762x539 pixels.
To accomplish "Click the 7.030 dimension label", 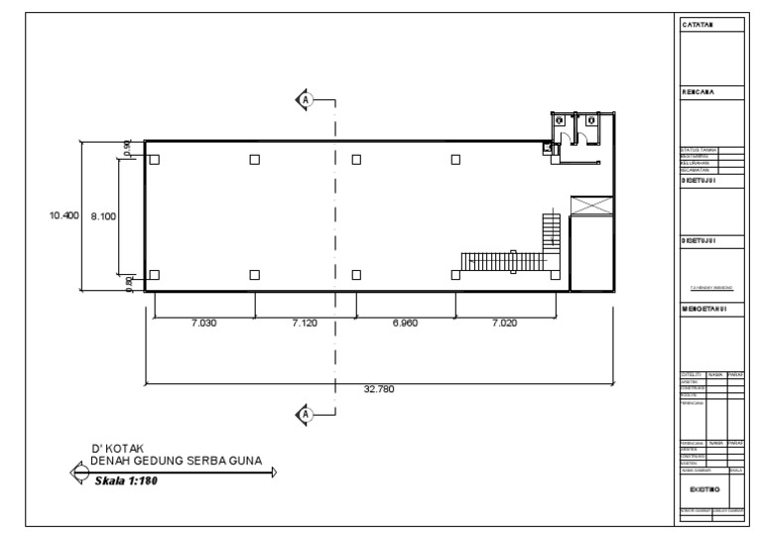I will click(x=202, y=323).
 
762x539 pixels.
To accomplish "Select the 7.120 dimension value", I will click(x=304, y=323).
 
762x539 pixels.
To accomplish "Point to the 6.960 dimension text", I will click(x=405, y=323).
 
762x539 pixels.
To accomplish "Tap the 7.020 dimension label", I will click(x=506, y=323).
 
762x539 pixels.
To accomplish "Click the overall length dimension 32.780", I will click(x=378, y=389).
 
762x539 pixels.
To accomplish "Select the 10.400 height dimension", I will click(x=63, y=215).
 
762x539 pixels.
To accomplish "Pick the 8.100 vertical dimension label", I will click(x=104, y=215).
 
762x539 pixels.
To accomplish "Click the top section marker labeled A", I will click(x=307, y=99).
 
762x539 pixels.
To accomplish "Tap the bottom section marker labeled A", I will click(x=307, y=413).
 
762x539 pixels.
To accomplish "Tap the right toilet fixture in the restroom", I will click(x=591, y=120).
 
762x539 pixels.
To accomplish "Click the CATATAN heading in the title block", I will click(x=698, y=25).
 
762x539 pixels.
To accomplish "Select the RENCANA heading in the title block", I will click(x=698, y=91).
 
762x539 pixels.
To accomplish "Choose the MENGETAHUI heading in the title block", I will click(x=704, y=309).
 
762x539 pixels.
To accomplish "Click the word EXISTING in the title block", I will click(x=704, y=488).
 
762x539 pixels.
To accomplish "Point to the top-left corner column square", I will click(x=155, y=159).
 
